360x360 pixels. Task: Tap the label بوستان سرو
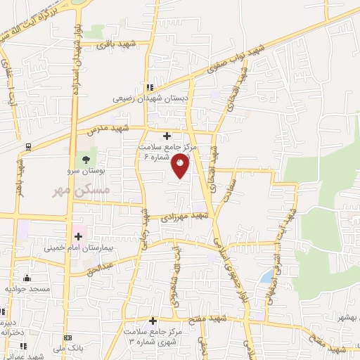pyautogui.click(x=88, y=171)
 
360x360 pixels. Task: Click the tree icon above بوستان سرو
pyautogui.click(x=86, y=160)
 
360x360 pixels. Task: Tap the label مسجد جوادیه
pyautogui.click(x=25, y=288)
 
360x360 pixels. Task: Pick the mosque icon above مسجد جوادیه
pyautogui.click(x=27, y=278)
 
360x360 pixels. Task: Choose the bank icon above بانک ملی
pyautogui.click(x=67, y=338)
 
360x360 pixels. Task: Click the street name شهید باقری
pyautogui.click(x=116, y=45)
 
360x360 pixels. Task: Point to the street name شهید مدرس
pyautogui.click(x=105, y=129)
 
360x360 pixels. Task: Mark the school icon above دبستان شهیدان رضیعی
pyautogui.click(x=149, y=87)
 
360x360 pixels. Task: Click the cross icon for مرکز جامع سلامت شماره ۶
pyautogui.click(x=167, y=136)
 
